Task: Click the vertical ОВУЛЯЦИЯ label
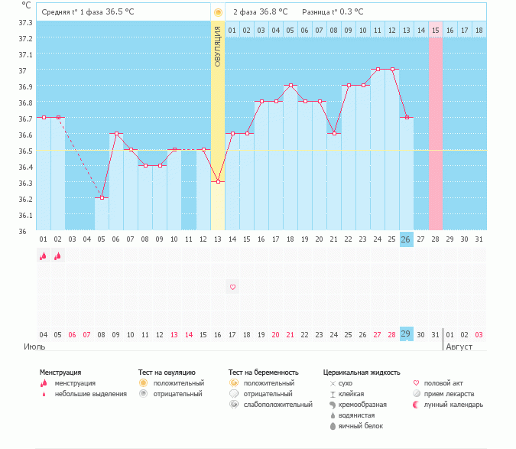point(218,47)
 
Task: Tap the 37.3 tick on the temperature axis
point(25,22)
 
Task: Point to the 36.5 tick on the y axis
point(25,151)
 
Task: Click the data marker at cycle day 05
point(102,197)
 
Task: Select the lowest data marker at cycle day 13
point(218,181)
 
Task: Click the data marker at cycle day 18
point(290,86)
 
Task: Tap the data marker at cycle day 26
point(407,117)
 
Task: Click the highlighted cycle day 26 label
point(407,239)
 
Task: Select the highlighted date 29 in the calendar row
point(407,334)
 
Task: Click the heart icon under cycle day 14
point(232,287)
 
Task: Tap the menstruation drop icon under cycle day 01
point(44,257)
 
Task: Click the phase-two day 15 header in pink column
point(435,30)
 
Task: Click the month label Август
point(459,347)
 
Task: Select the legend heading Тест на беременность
point(261,373)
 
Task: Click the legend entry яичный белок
point(361,425)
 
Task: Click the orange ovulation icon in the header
point(218,12)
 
